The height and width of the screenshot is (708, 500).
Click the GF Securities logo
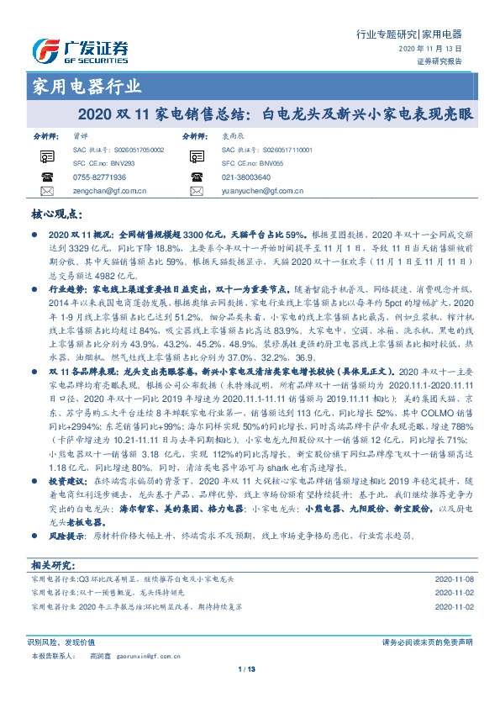point(80,50)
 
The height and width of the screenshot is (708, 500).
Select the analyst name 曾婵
point(79,135)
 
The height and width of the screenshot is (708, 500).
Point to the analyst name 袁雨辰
point(231,135)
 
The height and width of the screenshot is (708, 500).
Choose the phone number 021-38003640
point(245,177)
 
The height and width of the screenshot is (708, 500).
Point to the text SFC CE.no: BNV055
point(249,161)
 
